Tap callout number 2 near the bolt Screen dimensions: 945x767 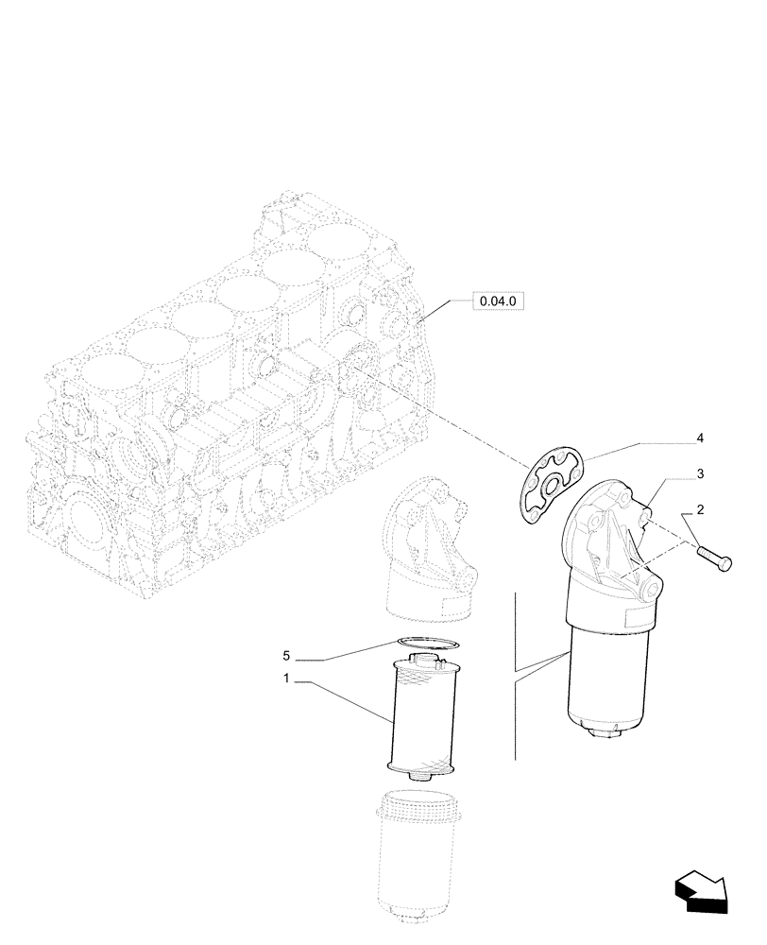pyautogui.click(x=700, y=509)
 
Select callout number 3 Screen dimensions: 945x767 pyautogui.click(x=700, y=472)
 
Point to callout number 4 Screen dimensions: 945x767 pyautogui.click(x=700, y=438)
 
